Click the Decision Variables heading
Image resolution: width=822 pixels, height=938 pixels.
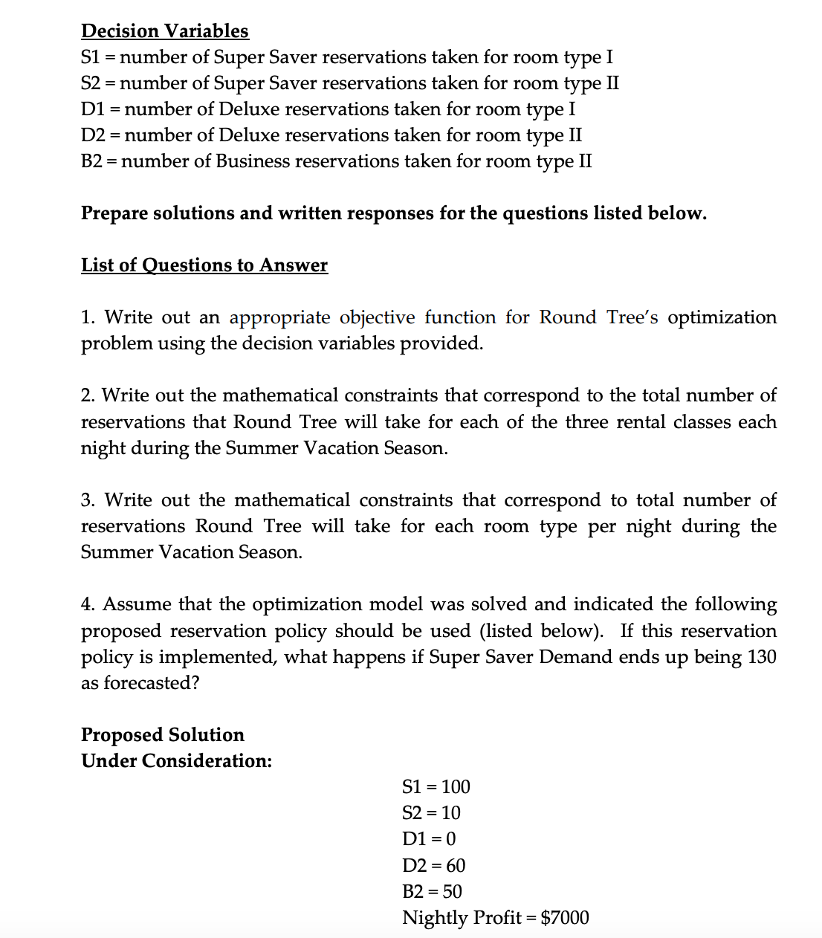click(164, 30)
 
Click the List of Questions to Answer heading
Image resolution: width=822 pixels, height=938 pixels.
click(204, 265)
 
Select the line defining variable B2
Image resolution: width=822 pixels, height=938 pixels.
click(336, 161)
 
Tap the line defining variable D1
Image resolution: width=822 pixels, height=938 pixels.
click(328, 109)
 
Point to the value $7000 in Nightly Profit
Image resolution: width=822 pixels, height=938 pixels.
click(565, 918)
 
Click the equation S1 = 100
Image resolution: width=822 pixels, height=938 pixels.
click(436, 786)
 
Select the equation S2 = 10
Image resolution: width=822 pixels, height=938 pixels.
click(431, 812)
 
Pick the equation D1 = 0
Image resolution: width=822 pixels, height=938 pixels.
click(429, 839)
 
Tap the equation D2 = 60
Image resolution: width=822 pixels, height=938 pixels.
click(433, 865)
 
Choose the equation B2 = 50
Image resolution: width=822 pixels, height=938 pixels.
click(432, 891)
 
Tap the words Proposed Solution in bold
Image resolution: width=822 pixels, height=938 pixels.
click(162, 734)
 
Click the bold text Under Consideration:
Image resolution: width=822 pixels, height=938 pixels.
click(176, 761)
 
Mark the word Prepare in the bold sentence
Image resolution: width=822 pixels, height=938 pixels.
click(114, 213)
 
